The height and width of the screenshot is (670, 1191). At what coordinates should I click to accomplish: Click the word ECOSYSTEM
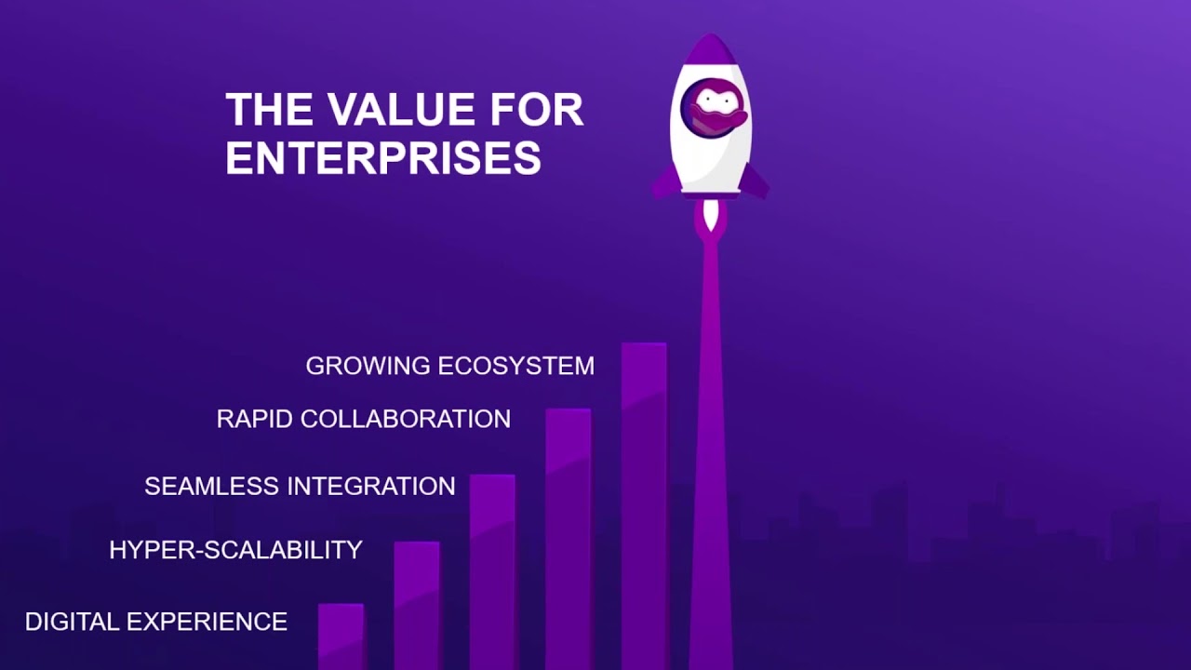(515, 366)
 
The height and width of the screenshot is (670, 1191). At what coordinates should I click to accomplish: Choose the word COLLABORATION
(406, 419)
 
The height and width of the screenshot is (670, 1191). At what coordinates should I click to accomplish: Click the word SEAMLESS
(212, 486)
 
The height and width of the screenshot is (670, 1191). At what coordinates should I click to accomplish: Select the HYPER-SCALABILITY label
(235, 550)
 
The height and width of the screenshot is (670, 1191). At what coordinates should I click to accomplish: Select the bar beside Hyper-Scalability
(417, 605)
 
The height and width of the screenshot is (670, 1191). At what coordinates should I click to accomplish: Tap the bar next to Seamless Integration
(492, 571)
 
